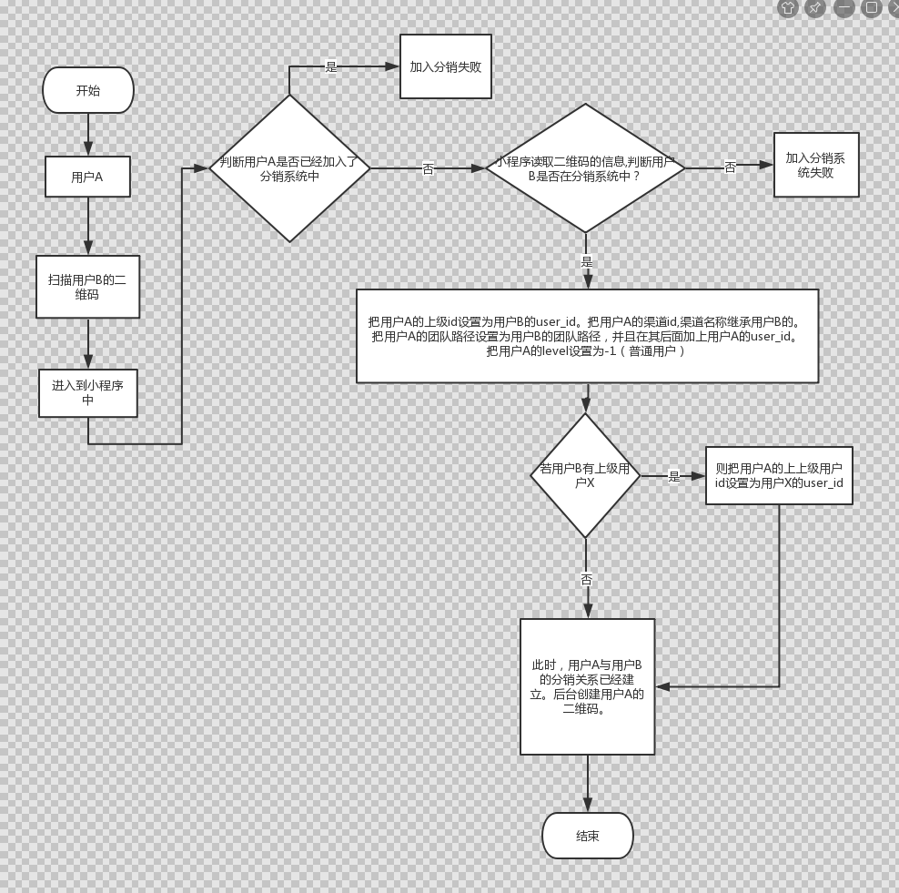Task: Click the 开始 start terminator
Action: pos(88,90)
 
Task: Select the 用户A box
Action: pos(87,177)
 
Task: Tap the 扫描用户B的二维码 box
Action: pos(87,287)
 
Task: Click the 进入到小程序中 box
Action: pos(87,392)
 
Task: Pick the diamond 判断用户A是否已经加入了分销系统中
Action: pos(289,168)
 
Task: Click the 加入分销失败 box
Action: pos(446,66)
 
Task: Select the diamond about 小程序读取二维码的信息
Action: pos(585,168)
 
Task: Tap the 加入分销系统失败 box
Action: pos(815,165)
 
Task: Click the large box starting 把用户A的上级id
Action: pos(587,336)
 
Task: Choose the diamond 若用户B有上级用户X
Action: pos(585,475)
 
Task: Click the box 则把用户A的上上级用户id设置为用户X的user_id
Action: pos(779,475)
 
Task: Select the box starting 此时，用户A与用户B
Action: pos(587,686)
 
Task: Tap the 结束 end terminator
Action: pos(587,836)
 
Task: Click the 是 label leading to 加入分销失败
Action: pos(331,66)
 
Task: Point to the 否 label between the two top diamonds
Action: pos(428,169)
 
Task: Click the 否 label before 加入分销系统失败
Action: pos(730,167)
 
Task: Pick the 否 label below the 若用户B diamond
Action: pos(586,579)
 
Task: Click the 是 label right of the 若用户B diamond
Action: pos(674,476)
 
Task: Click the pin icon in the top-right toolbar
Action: pos(815,8)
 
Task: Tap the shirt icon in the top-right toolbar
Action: pos(788,8)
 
